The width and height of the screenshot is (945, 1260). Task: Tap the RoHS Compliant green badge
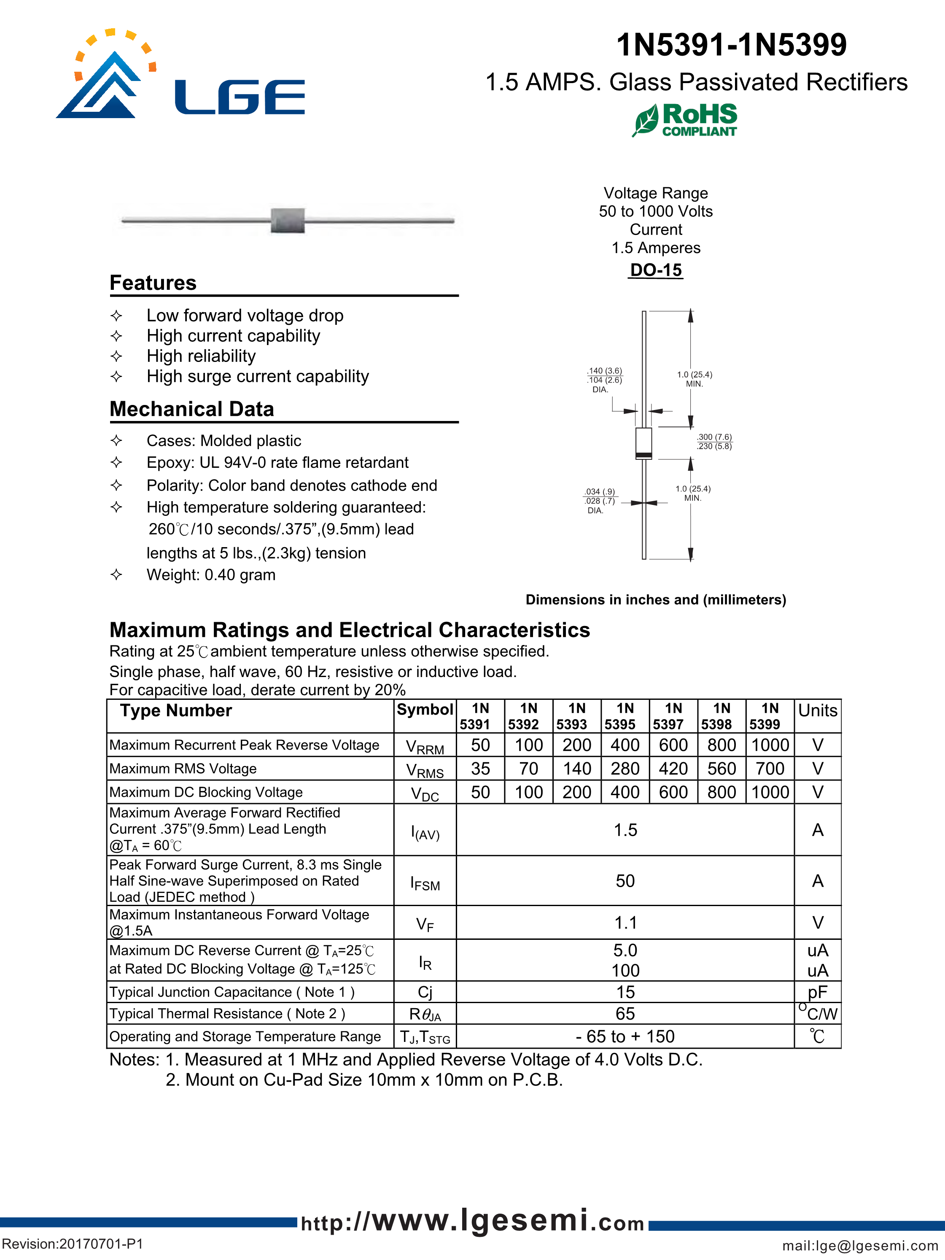point(685,120)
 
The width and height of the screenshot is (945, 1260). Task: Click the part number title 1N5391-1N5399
point(732,45)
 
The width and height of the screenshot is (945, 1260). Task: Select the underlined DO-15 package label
point(656,270)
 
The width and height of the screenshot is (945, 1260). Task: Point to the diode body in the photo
point(288,220)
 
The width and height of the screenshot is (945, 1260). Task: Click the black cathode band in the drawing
point(644,455)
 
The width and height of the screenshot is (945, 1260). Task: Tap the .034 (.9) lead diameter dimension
point(600,491)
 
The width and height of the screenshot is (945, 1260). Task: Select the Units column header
point(818,711)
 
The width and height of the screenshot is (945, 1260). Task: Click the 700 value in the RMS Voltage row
point(770,769)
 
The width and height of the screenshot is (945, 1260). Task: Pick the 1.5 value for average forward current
point(625,830)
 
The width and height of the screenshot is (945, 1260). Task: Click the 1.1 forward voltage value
point(625,923)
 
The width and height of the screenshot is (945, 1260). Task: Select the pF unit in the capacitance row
point(818,992)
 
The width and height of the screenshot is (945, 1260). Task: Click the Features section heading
point(153,283)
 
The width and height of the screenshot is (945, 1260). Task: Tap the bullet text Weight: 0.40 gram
point(211,575)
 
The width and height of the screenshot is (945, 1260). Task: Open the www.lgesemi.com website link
point(472,1222)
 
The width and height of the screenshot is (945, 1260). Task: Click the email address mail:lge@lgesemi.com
point(859,1246)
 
